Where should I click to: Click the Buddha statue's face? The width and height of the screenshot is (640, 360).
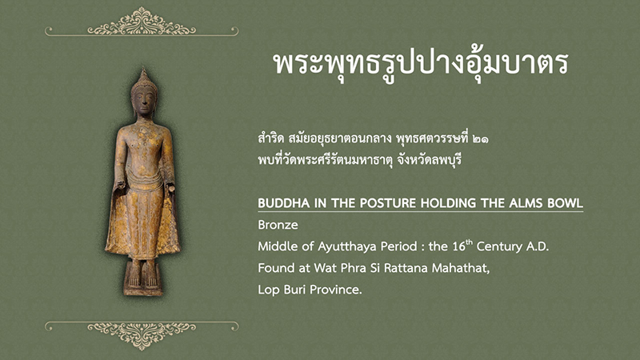144,102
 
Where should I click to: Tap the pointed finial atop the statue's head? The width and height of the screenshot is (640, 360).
143,74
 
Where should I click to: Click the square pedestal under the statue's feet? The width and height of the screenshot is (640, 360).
143,278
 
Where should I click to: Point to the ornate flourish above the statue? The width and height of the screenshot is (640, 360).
142,22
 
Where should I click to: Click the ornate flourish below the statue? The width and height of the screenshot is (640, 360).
142,335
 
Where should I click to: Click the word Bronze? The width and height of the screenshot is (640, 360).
278,225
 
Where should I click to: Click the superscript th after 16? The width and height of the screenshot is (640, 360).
470,242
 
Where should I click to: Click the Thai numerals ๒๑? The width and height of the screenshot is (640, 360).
480,139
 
